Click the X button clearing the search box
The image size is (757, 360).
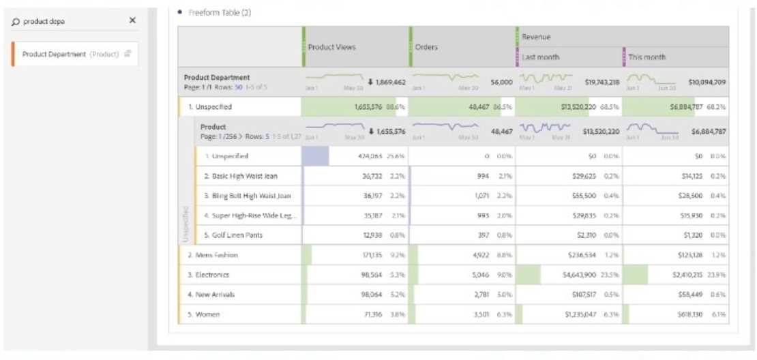(132, 20)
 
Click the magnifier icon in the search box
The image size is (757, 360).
(16, 21)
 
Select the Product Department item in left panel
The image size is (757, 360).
(70, 54)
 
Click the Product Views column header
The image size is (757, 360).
(332, 47)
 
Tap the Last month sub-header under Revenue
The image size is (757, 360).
(541, 57)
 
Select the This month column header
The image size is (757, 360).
(647, 57)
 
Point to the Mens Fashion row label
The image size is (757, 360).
(213, 255)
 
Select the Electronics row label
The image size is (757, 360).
(209, 275)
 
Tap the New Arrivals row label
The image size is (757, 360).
(213, 295)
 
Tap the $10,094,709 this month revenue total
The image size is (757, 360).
(708, 82)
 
